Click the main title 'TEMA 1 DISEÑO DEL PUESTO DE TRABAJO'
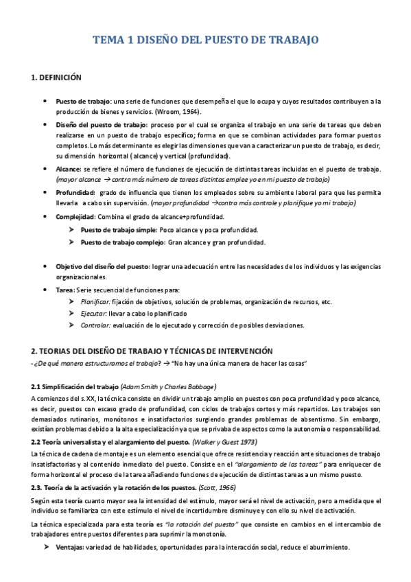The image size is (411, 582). (206, 40)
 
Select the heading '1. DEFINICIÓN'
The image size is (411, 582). (56, 78)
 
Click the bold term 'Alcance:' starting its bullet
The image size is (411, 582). (68, 168)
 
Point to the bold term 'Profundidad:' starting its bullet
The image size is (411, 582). (75, 193)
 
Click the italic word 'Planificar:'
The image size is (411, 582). (95, 301)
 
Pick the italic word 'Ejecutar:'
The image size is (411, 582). (92, 313)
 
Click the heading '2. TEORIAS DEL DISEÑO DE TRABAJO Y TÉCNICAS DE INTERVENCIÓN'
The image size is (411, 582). (152, 351)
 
